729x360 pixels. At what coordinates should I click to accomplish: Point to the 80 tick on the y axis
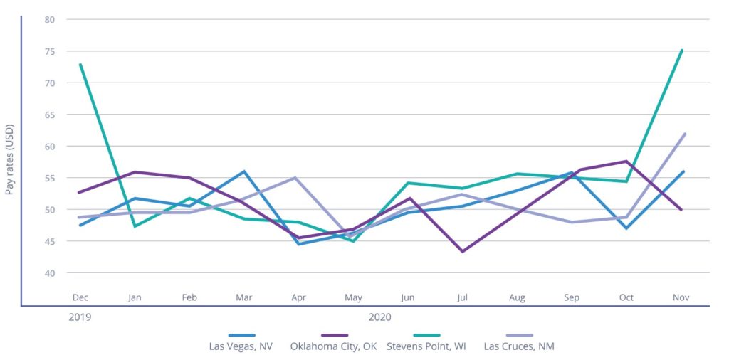click(x=50, y=19)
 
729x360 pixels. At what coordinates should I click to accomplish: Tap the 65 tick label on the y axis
click(x=50, y=115)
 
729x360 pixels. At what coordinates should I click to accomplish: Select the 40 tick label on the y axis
click(x=50, y=273)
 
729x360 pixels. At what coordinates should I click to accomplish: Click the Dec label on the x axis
click(x=80, y=297)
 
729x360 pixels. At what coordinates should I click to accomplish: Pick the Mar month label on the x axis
click(x=243, y=297)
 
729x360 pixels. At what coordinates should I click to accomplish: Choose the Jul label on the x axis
click(x=462, y=297)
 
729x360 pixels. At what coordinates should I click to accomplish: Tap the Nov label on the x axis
click(x=681, y=297)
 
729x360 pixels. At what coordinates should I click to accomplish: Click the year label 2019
click(x=80, y=316)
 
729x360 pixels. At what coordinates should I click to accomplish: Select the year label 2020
click(x=380, y=316)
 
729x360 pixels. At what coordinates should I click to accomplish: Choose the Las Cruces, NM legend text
click(x=519, y=347)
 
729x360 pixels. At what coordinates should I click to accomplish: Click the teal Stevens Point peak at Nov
click(x=682, y=50)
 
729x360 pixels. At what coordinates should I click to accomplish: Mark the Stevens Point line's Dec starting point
click(x=80, y=65)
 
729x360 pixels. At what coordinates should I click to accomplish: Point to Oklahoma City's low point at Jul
click(x=462, y=251)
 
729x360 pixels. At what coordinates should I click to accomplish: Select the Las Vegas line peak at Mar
click(x=243, y=171)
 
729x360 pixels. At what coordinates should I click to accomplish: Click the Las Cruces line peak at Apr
click(x=295, y=178)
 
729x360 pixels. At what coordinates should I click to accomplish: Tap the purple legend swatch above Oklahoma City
click(x=334, y=334)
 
